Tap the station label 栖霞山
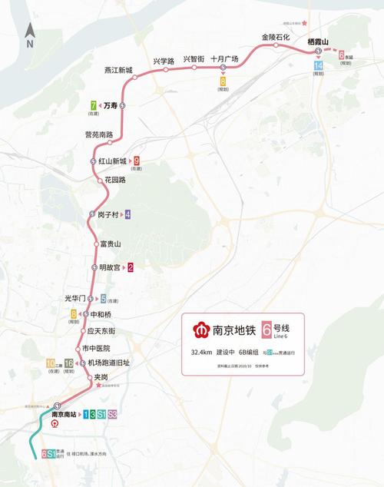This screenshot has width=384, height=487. [x=318, y=41]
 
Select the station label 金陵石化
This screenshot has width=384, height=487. [x=276, y=37]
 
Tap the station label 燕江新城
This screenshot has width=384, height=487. [x=118, y=70]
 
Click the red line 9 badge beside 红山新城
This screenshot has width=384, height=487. [x=137, y=161]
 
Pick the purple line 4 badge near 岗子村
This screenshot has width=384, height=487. [x=127, y=214]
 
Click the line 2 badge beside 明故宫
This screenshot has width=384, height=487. [x=131, y=267]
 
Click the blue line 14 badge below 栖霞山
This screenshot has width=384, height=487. [x=318, y=67]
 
